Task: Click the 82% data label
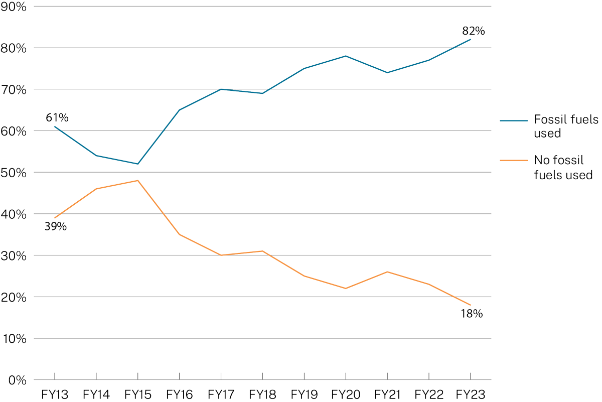pyautogui.click(x=474, y=31)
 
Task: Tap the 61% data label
pyautogui.click(x=57, y=118)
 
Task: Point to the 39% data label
pyautogui.click(x=55, y=227)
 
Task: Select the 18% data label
pyautogui.click(x=471, y=314)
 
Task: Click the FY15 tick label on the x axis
pyautogui.click(x=137, y=394)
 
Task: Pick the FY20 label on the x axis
pyautogui.click(x=346, y=394)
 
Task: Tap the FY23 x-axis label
pyautogui.click(x=471, y=394)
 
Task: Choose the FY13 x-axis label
pyautogui.click(x=54, y=394)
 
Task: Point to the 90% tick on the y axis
pyautogui.click(x=15, y=7)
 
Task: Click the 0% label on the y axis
pyautogui.click(x=18, y=380)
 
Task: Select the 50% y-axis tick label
pyautogui.click(x=15, y=173)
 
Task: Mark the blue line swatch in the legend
pyautogui.click(x=514, y=120)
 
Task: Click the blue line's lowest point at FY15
pyautogui.click(x=137, y=164)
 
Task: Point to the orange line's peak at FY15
pyautogui.click(x=137, y=180)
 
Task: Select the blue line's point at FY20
pyautogui.click(x=346, y=56)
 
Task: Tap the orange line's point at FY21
pyautogui.click(x=387, y=272)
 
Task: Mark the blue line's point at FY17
pyautogui.click(x=221, y=89)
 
